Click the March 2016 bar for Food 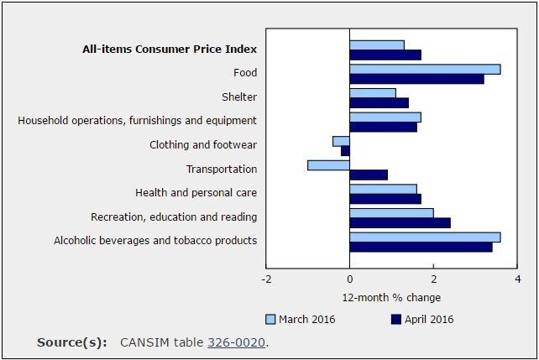425,69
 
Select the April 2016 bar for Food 416,79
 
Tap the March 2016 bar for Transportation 328,164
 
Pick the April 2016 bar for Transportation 369,175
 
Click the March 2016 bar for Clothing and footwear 341,141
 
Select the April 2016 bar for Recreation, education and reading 400,222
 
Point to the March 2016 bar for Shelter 373,93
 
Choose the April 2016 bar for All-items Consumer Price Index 385,55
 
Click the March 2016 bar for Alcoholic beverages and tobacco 425,237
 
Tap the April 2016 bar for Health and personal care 385,199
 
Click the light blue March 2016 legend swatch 270,319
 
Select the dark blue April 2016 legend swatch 397,319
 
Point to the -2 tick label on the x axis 266,279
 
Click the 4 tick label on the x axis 517,279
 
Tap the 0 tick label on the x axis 350,279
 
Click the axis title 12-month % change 391,298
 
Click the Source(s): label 72,342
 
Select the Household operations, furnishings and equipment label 138,121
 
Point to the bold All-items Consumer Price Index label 170,49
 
